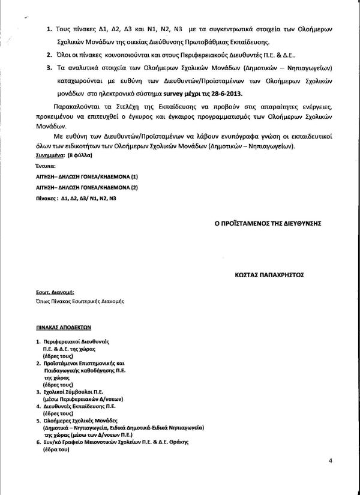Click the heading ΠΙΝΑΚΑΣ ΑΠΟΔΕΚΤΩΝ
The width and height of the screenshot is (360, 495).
tap(62, 328)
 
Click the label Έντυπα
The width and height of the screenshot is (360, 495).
tap(46, 165)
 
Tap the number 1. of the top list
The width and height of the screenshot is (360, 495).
tap(49, 29)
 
